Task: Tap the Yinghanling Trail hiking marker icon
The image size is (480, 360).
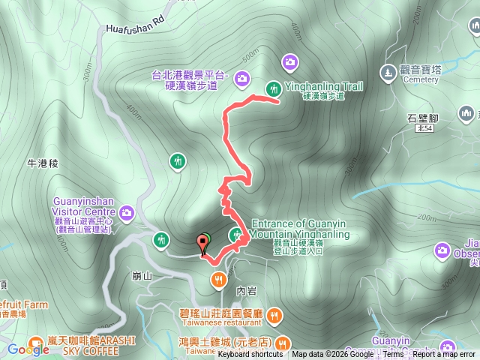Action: tap(273, 87)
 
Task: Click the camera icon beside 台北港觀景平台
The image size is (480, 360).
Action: tap(242, 77)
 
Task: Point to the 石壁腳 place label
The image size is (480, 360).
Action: tap(423, 118)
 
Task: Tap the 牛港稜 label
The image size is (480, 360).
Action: tap(43, 163)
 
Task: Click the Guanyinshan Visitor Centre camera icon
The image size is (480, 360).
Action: tap(127, 213)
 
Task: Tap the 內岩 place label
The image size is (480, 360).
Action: tap(245, 288)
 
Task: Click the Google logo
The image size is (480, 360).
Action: tap(28, 349)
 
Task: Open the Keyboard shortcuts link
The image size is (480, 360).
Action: tap(250, 355)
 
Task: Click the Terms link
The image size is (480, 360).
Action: tap(393, 355)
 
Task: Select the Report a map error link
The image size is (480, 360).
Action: tap(443, 355)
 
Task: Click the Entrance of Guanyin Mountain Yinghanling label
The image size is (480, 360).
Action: tap(301, 229)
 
